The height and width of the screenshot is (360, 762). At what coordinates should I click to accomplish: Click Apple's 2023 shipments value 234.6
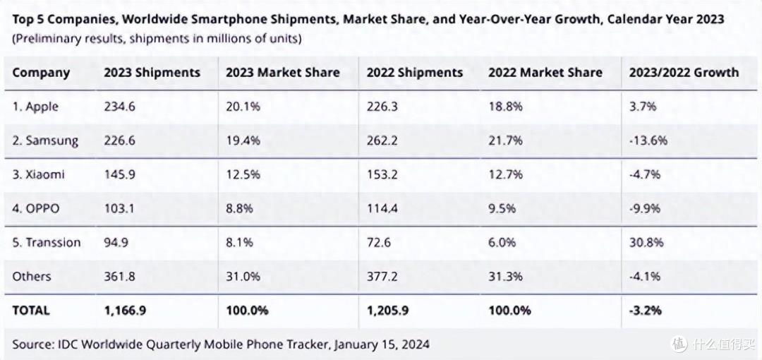pos(119,107)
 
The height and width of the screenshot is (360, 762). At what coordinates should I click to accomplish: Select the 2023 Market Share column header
pos(282,73)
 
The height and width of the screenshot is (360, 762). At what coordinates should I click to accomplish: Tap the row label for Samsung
pos(45,141)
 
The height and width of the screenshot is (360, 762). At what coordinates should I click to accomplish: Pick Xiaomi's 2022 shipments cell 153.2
pos(382,174)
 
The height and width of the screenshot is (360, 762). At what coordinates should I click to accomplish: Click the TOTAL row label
pos(30,310)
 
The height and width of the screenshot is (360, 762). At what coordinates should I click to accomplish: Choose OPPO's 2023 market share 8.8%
pos(239,209)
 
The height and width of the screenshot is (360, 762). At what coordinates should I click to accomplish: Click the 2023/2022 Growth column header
pos(684,73)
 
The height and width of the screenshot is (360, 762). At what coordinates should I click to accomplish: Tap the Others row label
pos(32,276)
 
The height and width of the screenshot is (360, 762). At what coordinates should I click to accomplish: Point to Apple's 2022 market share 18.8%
pos(505,107)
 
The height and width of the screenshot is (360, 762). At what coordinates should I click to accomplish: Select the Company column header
pos(42,73)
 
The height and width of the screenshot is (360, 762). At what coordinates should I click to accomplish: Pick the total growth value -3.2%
pos(645,310)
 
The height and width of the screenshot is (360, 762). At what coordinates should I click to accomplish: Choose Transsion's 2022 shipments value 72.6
pos(379,242)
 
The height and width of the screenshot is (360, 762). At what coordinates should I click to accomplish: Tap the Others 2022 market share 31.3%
pos(505,276)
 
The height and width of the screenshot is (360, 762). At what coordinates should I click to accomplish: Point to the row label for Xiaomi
pos(38,174)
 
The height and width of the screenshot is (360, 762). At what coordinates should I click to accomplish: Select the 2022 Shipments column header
pos(415,73)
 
